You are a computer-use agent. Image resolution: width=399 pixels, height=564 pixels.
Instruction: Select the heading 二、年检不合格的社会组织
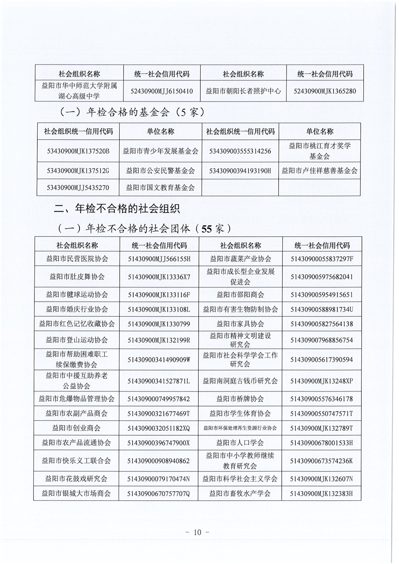click(117, 208)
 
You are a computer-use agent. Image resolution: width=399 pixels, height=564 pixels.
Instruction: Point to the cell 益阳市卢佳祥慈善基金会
click(320, 170)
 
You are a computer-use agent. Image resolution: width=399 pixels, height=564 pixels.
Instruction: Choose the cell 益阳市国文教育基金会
click(161, 187)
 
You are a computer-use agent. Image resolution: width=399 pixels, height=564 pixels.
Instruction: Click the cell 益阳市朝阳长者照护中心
click(243, 91)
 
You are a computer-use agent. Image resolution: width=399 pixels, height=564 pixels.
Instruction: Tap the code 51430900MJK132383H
click(322, 493)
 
